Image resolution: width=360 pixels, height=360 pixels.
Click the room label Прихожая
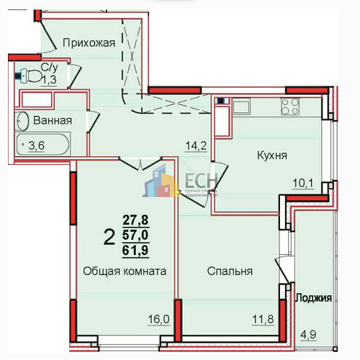(89, 42)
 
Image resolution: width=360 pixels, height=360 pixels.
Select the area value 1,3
(49, 79)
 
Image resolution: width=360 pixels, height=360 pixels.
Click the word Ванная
(53, 121)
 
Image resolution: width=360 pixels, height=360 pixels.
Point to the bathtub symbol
(43, 145)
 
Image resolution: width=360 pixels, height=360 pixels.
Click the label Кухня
(273, 155)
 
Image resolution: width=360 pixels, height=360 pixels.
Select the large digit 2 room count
(109, 235)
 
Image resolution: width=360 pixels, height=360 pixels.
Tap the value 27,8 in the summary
(132, 221)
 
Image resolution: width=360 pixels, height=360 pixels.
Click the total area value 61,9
(132, 249)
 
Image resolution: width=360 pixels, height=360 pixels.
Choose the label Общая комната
(125, 272)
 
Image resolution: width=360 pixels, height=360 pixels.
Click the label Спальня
(230, 272)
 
